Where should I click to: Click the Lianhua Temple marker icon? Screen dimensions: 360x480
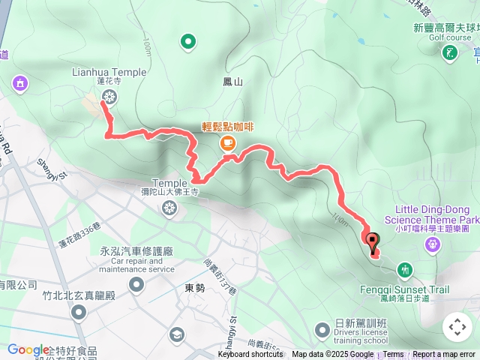(x=109, y=96)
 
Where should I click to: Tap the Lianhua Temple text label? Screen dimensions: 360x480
(x=109, y=73)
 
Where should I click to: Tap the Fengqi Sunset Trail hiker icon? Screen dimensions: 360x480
(x=405, y=269)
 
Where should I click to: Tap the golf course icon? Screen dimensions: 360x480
(x=450, y=52)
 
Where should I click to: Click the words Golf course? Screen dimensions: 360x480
(x=450, y=37)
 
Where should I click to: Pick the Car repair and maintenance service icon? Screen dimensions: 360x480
(x=136, y=284)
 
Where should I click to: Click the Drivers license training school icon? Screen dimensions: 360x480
(x=322, y=329)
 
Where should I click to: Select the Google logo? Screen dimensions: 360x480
(x=28, y=349)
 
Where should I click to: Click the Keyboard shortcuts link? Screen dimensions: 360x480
(x=250, y=355)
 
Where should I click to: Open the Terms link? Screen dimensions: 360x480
(x=394, y=355)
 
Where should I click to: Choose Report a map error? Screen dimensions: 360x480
(x=445, y=355)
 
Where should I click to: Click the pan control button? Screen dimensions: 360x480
(x=457, y=326)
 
